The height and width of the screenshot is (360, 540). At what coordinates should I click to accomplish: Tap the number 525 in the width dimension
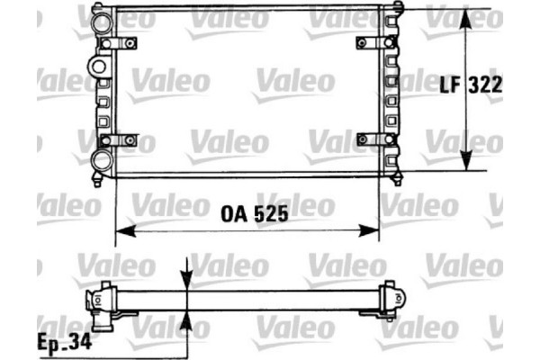[269, 216]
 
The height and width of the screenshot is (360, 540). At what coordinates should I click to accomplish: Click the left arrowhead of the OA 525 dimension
[123, 232]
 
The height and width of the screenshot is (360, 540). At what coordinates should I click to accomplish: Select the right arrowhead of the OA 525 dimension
[371, 232]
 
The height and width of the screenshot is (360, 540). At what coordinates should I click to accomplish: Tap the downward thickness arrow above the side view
[186, 280]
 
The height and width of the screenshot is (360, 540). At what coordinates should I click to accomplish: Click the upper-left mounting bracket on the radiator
[121, 43]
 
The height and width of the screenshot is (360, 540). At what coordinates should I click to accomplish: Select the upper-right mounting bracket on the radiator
[374, 43]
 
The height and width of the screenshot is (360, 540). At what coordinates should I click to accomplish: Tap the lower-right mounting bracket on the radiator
[374, 139]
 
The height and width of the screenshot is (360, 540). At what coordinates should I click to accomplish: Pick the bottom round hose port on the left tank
[102, 161]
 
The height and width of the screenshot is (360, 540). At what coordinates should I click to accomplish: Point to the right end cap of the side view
[392, 299]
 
